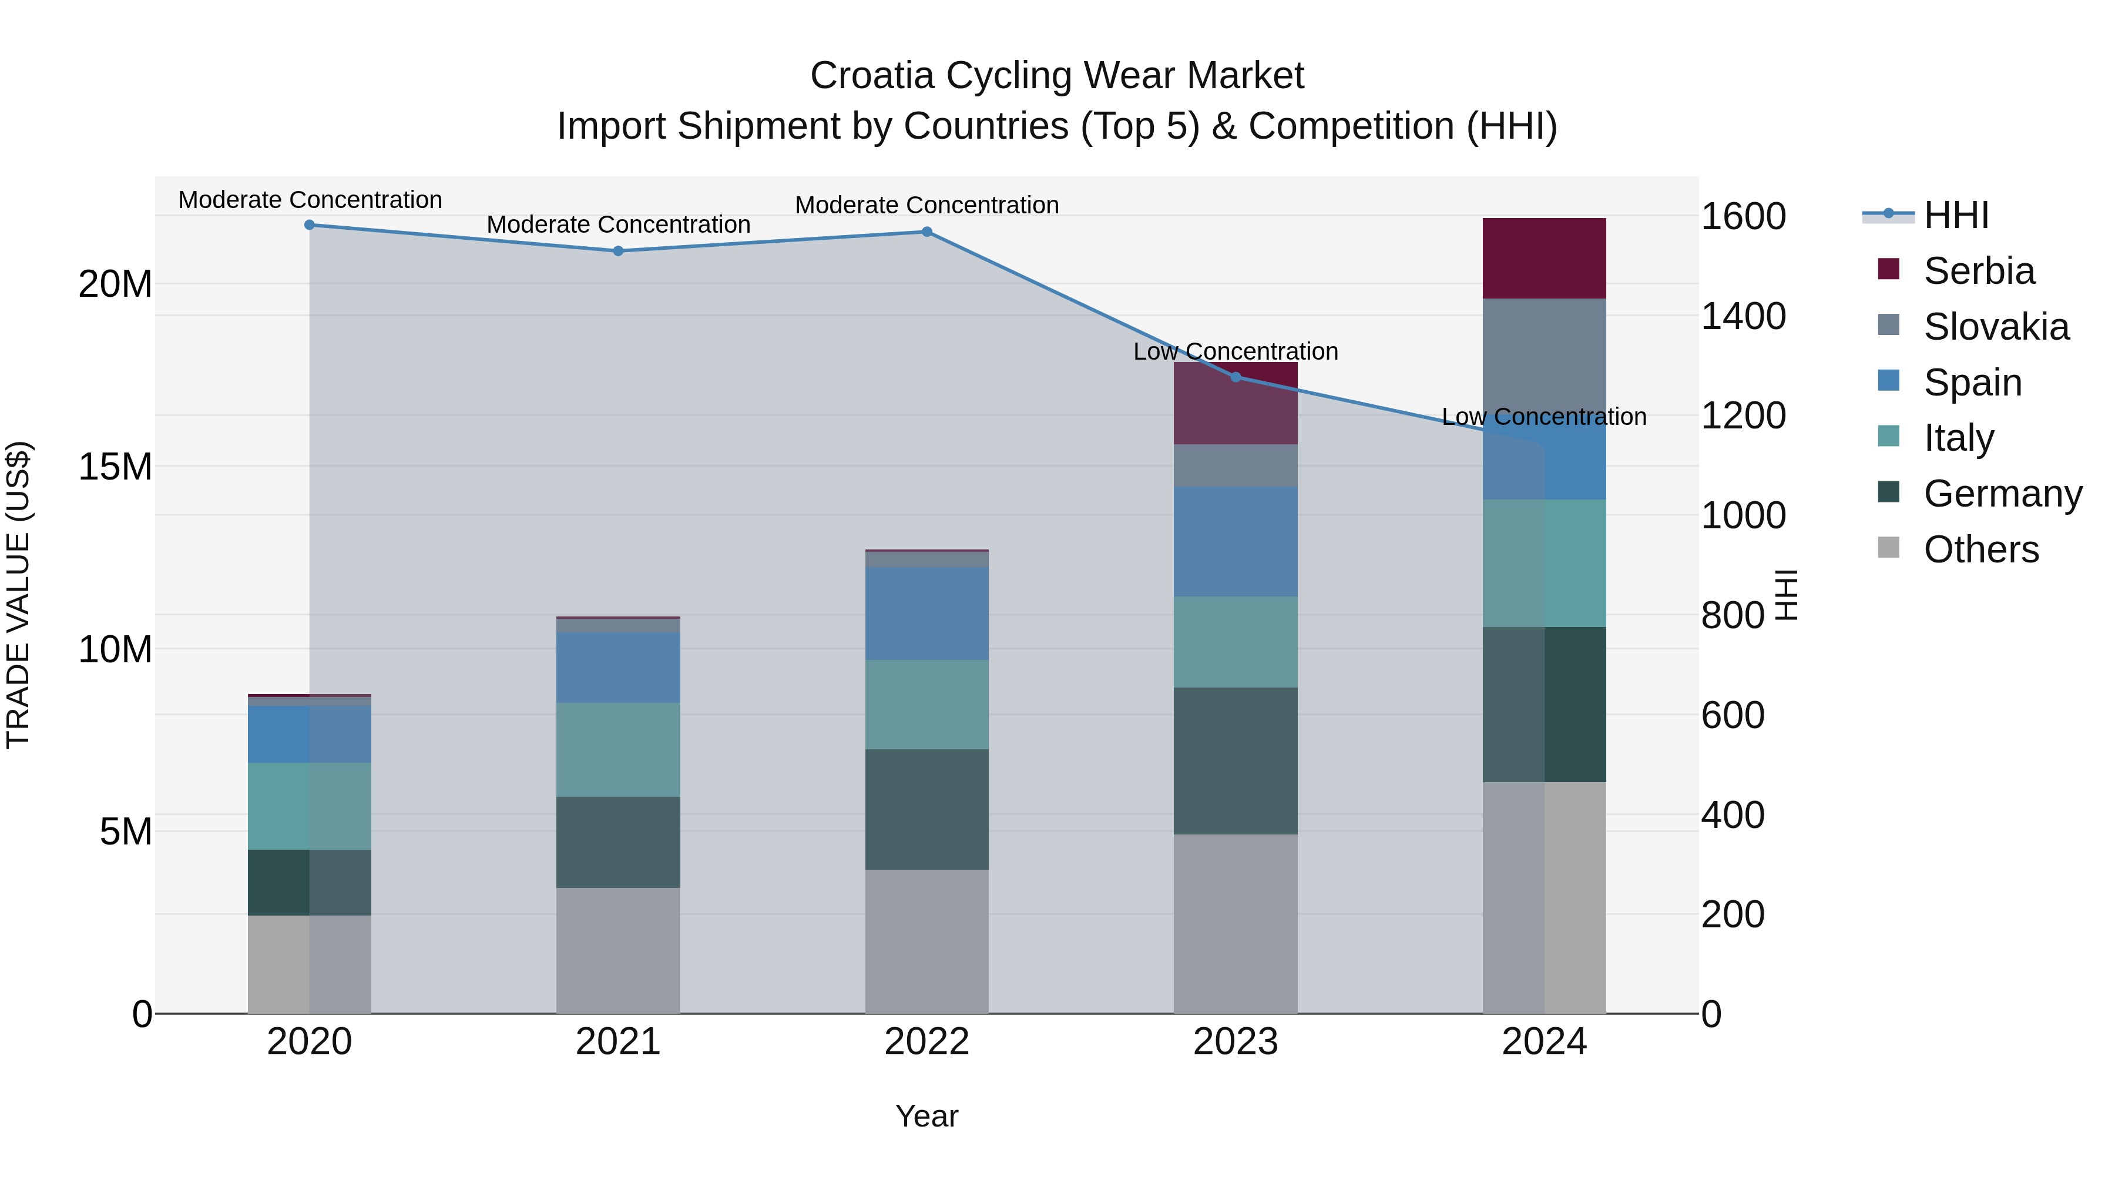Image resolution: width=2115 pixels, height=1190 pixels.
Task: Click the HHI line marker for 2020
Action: [x=310, y=225]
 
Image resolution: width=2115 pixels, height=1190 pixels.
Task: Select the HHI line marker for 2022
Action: [x=927, y=232]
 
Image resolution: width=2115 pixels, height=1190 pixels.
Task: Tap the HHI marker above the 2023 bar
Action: [x=1236, y=377]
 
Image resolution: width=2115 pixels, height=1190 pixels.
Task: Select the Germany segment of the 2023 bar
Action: [x=1236, y=760]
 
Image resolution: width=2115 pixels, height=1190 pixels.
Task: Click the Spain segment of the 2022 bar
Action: [x=927, y=613]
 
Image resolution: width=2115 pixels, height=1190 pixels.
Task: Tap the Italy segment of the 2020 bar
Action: [x=310, y=806]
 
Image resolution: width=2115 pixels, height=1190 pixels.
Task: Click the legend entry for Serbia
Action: [x=1978, y=271]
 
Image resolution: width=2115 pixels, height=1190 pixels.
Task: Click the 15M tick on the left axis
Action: [x=115, y=467]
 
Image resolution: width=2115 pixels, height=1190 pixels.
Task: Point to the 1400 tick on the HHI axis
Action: [x=1743, y=316]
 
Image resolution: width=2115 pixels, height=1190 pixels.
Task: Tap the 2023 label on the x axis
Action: [x=1236, y=1042]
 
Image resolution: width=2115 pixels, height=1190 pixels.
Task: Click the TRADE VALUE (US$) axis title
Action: [x=18, y=595]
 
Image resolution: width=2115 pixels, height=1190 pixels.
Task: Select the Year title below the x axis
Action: [x=927, y=1116]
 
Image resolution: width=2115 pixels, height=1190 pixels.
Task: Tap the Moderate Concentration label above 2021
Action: [x=618, y=224]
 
